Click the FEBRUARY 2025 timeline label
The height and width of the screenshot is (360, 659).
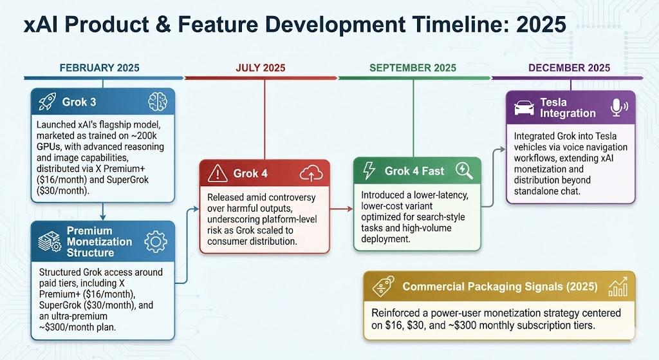(x=99, y=68)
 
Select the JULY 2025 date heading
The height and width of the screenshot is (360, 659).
(x=260, y=68)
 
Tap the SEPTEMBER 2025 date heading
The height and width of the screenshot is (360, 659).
(x=413, y=68)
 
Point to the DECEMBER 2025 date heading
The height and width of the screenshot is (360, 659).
(x=569, y=68)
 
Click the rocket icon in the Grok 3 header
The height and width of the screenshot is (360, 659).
(x=47, y=102)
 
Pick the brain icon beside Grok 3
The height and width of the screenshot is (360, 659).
(x=158, y=102)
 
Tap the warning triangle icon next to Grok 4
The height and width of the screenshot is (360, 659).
(x=218, y=173)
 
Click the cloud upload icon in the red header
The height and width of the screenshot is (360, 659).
(x=311, y=173)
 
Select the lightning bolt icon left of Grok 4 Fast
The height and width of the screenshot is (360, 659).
(x=369, y=171)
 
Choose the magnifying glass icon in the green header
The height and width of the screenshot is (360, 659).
(x=464, y=171)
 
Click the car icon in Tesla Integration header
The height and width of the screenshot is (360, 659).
(x=524, y=108)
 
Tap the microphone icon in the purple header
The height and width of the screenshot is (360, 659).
(x=618, y=108)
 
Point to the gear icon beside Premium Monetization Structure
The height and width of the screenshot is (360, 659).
(x=156, y=242)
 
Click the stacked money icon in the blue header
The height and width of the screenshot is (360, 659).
(x=50, y=242)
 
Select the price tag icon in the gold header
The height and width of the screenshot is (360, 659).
(x=383, y=287)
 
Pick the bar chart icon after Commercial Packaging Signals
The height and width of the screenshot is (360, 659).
(x=618, y=287)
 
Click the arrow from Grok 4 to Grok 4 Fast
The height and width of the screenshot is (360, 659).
(x=341, y=209)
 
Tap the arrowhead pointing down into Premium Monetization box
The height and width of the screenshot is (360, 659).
(x=102, y=216)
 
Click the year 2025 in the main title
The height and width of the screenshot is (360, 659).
(x=541, y=24)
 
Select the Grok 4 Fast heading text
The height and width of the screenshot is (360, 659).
(x=414, y=171)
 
